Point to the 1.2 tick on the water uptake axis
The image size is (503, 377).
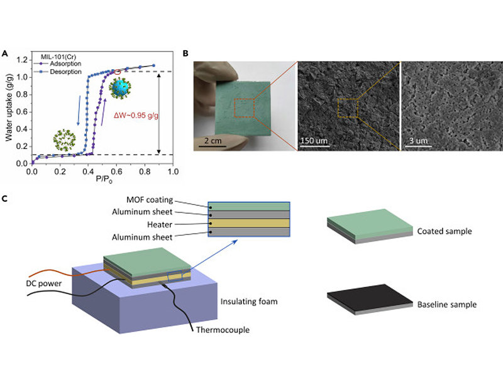[23, 60]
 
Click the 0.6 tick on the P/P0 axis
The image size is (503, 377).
[116, 170]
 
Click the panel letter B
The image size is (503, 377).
[185, 55]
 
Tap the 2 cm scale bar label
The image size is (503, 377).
[212, 139]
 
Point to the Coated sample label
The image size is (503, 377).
[445, 231]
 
